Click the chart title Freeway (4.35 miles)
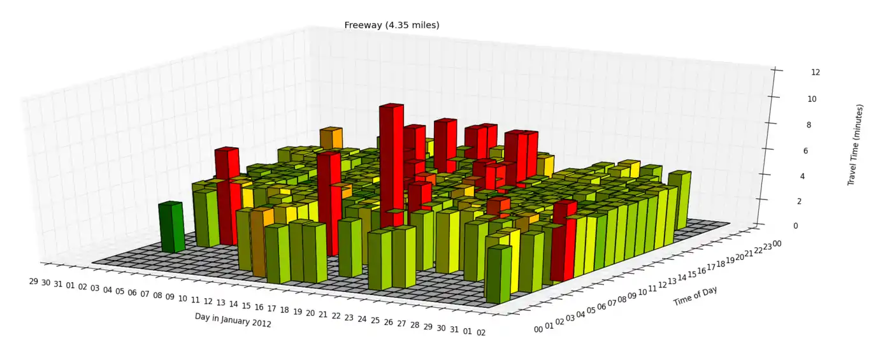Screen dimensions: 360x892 coord(391,25)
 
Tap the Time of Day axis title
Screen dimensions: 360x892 coord(696,296)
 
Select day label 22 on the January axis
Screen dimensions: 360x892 coord(336,316)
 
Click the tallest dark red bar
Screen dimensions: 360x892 coord(391,166)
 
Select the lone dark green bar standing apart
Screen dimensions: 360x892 coord(171,227)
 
